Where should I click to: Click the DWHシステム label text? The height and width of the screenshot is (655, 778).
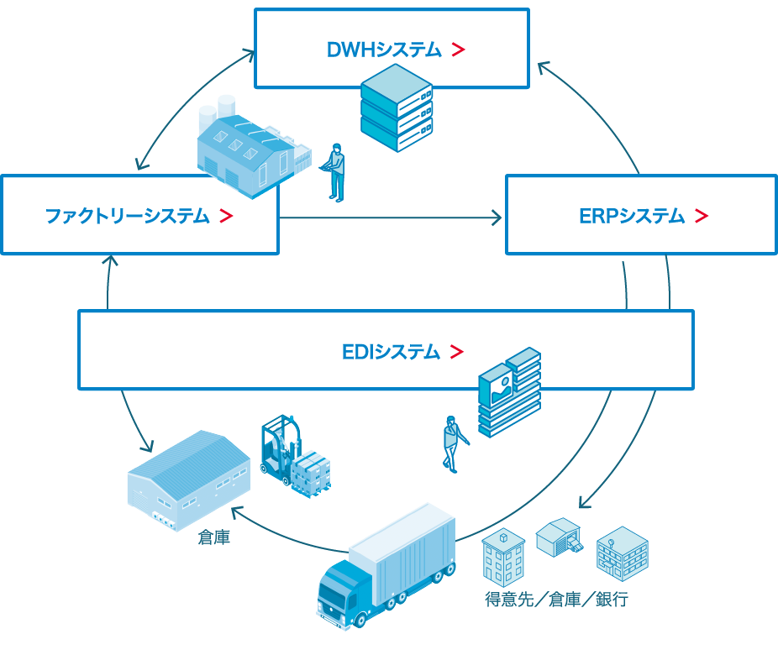(x=383, y=50)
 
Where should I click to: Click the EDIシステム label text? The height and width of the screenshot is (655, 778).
(x=391, y=352)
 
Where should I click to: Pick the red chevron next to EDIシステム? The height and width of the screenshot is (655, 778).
(x=456, y=352)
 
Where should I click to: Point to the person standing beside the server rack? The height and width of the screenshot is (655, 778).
(x=336, y=172)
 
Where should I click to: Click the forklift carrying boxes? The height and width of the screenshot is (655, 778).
(x=290, y=458)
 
